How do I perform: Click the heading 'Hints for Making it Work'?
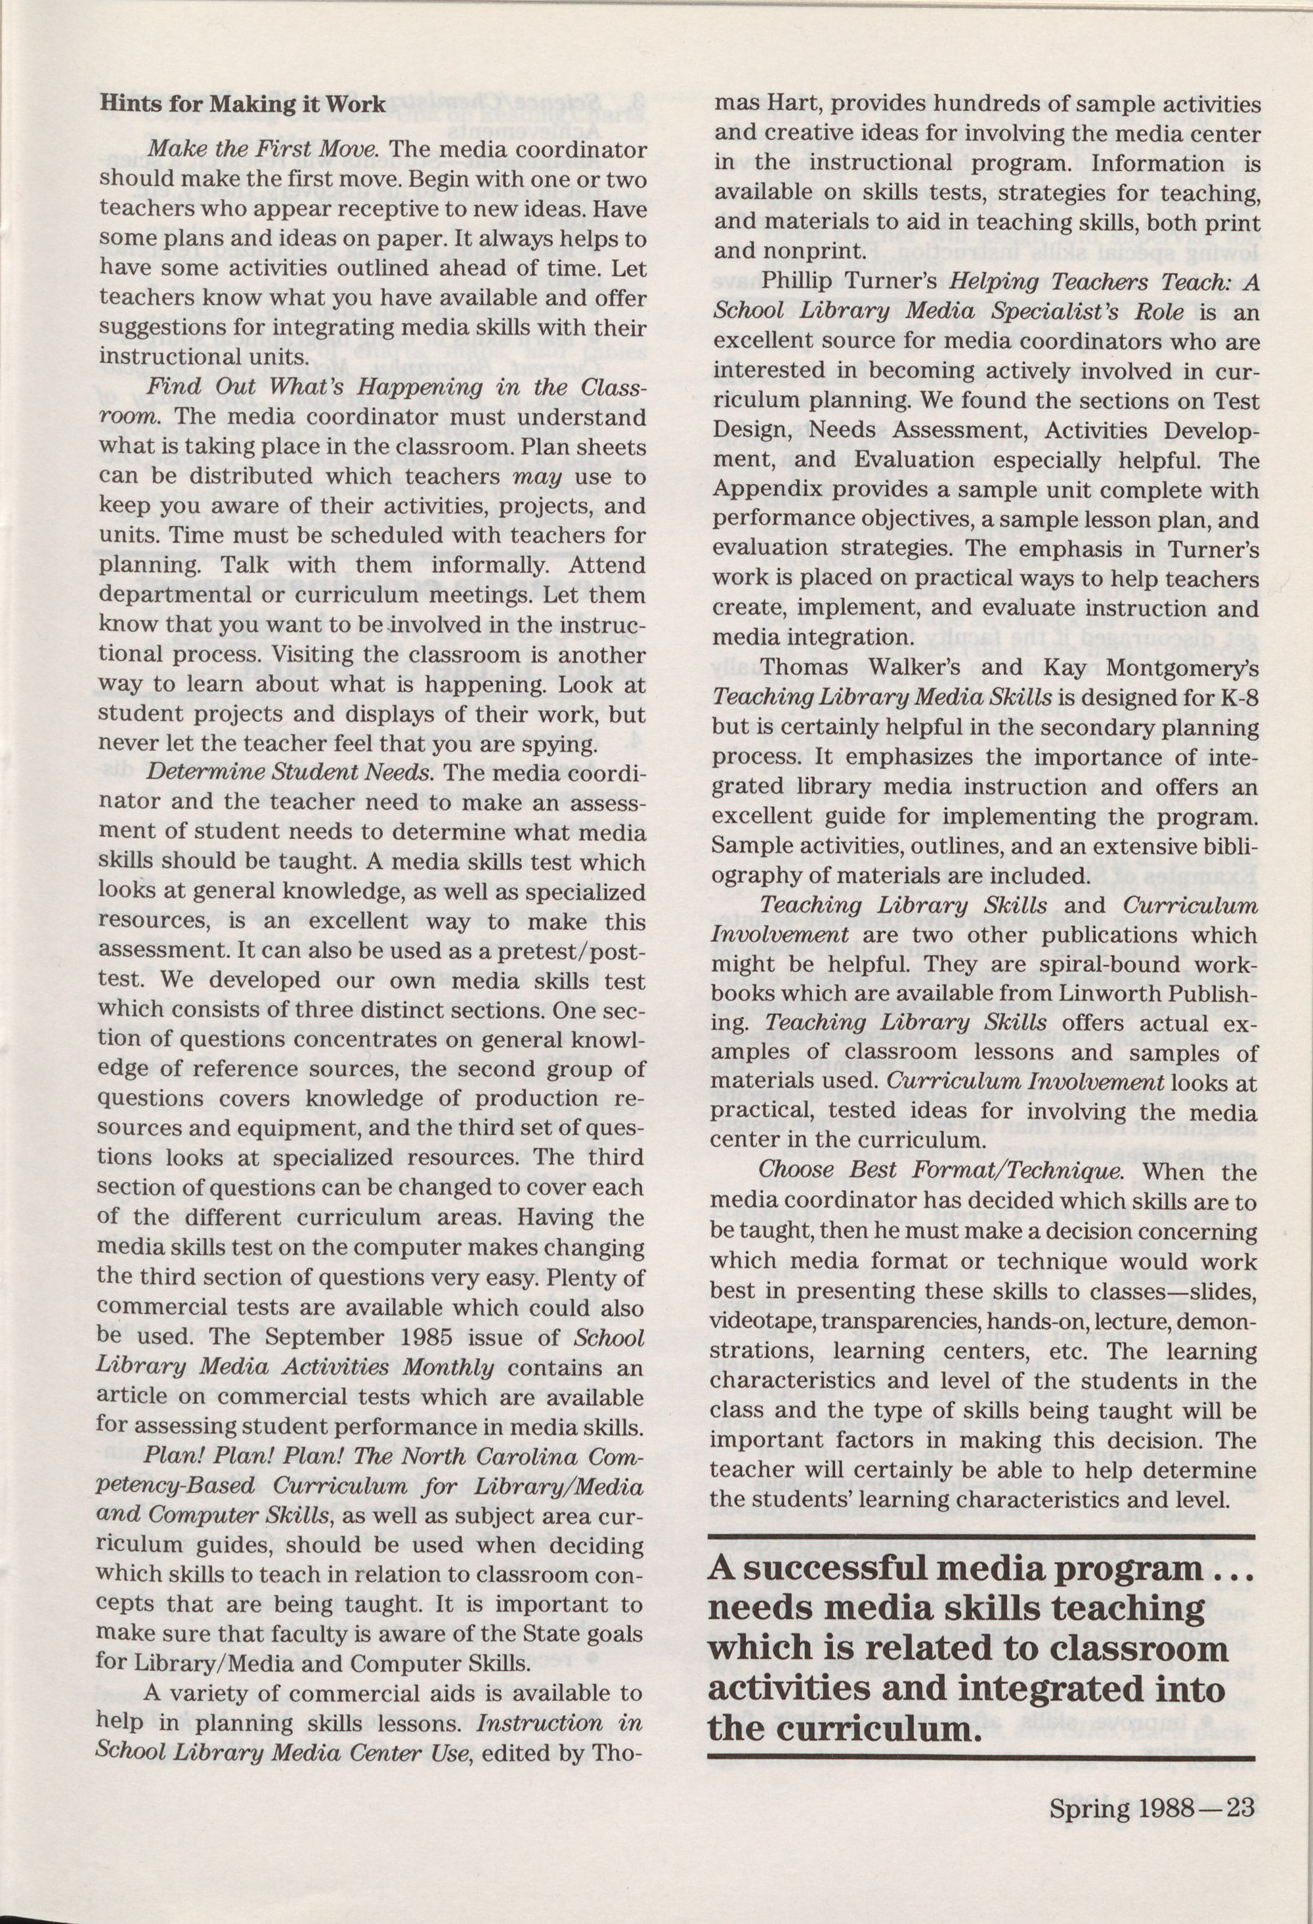242,104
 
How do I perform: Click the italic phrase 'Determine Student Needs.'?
290,773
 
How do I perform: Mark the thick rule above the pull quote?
982,1537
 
